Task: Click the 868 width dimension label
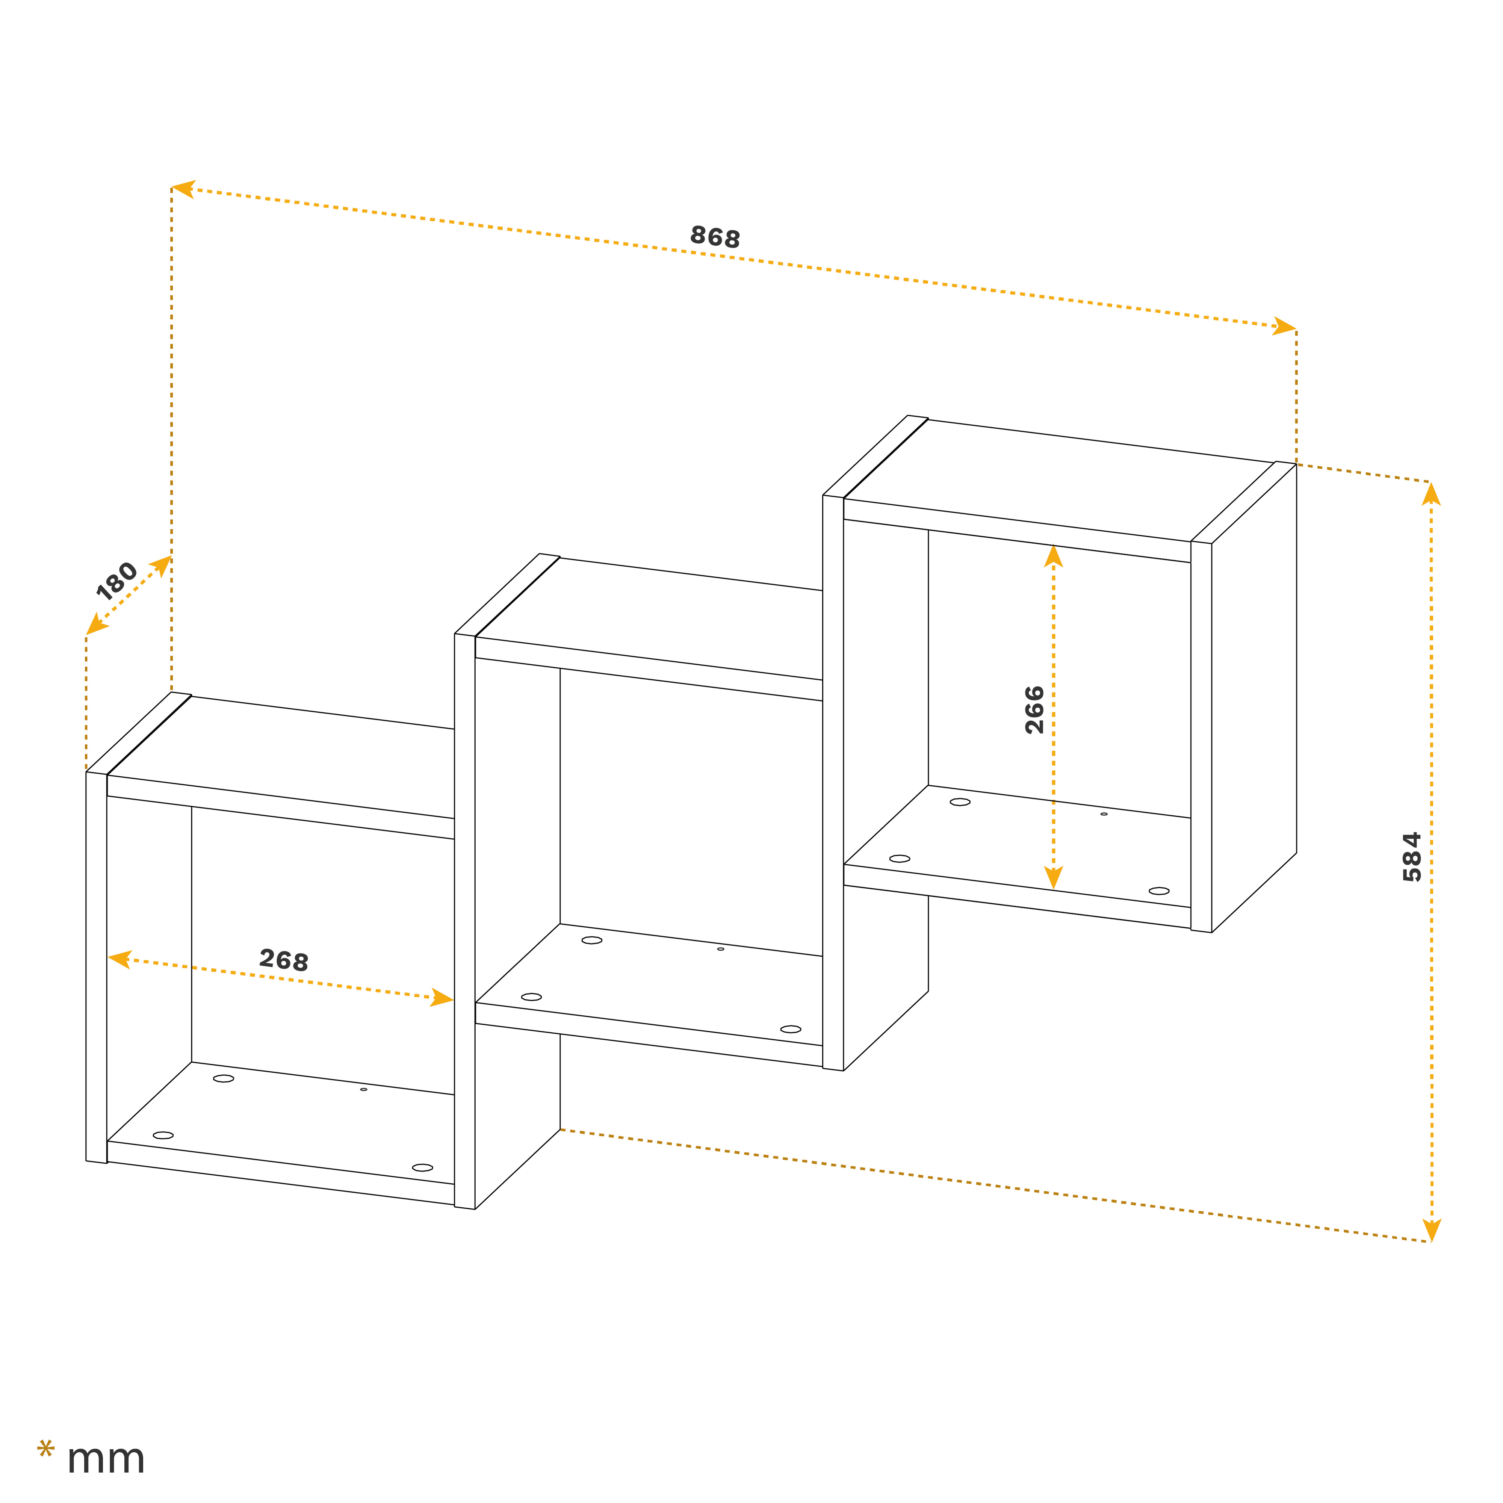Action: [x=715, y=236]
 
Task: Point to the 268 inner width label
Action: [x=284, y=960]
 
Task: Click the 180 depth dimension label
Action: [x=117, y=581]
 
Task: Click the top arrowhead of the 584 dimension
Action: [x=1432, y=494]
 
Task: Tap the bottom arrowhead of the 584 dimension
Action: [x=1432, y=1230]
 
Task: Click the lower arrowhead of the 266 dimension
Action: [x=1053, y=877]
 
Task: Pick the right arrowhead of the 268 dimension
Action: [x=442, y=998]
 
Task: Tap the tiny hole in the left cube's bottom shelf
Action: [x=363, y=1089]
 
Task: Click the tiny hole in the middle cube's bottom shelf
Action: [x=720, y=949]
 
